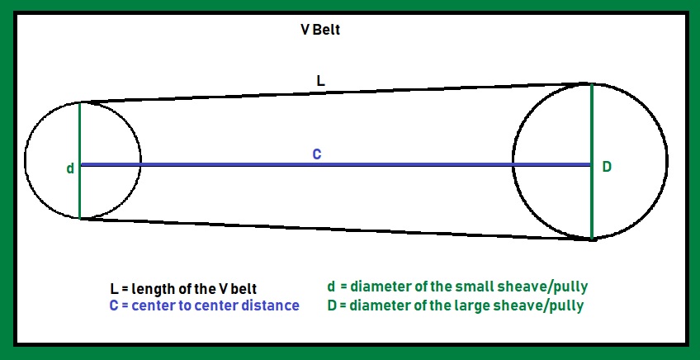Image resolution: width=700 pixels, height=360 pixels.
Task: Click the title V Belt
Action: click(x=320, y=30)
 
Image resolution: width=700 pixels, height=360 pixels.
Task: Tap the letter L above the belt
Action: click(x=321, y=80)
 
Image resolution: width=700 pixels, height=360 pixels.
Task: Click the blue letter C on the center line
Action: click(x=317, y=154)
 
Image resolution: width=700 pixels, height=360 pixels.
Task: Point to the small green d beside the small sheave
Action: click(x=70, y=168)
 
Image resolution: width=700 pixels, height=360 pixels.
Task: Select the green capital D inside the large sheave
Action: click(x=607, y=167)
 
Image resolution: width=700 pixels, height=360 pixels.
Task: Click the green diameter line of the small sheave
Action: click(x=80, y=132)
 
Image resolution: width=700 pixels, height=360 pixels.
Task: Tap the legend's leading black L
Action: click(x=114, y=289)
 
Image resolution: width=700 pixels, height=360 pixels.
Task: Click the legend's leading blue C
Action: click(x=114, y=306)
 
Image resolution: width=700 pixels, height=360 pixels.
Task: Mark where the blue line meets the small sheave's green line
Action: click(x=81, y=164)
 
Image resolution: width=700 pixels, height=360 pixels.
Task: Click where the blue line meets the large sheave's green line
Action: click(x=591, y=164)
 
